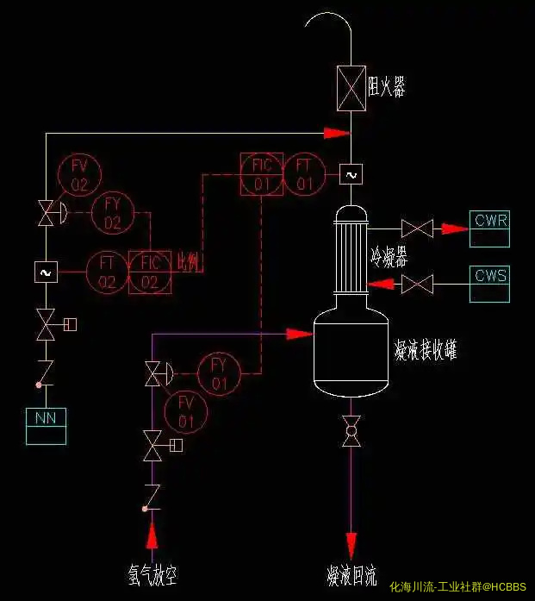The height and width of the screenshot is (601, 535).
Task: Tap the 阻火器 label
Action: (386, 86)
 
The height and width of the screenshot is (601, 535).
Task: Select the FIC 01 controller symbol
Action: (262, 174)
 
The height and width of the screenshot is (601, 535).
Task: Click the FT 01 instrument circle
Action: (304, 174)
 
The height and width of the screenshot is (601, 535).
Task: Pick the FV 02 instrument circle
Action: (79, 174)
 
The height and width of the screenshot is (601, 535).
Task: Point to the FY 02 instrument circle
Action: (113, 213)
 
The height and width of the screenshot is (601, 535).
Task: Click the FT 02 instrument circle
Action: (107, 272)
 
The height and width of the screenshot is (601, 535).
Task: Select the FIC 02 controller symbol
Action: (150, 272)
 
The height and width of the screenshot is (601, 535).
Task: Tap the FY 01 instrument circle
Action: (220, 373)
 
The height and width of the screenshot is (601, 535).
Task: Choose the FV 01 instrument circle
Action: (186, 411)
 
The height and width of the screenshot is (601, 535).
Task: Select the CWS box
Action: (489, 285)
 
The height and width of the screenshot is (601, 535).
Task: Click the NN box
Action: (46, 426)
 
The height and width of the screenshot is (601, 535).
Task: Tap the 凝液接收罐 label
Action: (425, 350)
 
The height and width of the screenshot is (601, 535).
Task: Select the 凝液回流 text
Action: (351, 576)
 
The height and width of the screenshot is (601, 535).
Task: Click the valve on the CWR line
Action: (418, 229)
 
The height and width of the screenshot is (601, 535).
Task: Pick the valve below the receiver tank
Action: (351, 430)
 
